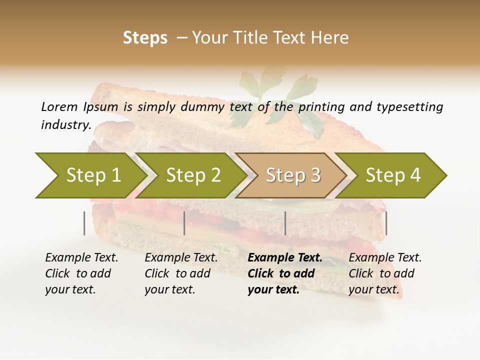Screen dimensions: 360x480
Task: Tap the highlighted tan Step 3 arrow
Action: pyautogui.click(x=293, y=175)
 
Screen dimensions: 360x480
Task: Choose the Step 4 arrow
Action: pyautogui.click(x=393, y=175)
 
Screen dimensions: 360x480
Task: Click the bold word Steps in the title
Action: pyautogui.click(x=145, y=38)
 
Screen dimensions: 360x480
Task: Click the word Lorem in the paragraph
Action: pyautogui.click(x=59, y=106)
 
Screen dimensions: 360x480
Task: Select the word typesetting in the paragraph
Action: pyautogui.click(x=409, y=107)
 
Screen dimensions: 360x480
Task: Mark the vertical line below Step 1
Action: pyautogui.click(x=84, y=223)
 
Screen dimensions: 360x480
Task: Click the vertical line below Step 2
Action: pyautogui.click(x=184, y=223)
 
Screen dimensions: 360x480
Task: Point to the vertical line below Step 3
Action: pyautogui.click(x=285, y=223)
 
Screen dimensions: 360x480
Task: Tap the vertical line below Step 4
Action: pyautogui.click(x=386, y=223)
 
